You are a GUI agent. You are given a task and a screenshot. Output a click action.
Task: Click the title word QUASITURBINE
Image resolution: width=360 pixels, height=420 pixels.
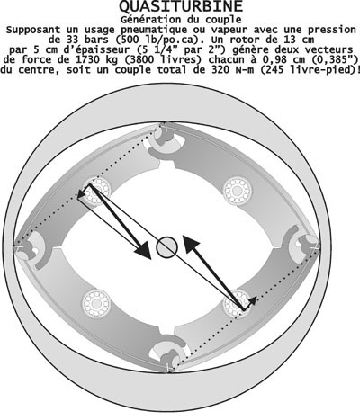click(x=181, y=6)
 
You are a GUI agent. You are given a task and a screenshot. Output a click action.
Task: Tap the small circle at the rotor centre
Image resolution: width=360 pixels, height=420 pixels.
click(x=167, y=247)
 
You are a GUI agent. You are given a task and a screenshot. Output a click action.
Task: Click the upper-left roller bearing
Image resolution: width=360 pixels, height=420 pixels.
click(x=96, y=191)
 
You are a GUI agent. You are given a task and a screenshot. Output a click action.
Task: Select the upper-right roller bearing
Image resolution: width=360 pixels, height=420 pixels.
click(x=238, y=191)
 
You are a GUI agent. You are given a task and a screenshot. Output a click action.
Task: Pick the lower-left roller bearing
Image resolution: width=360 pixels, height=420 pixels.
click(x=96, y=303)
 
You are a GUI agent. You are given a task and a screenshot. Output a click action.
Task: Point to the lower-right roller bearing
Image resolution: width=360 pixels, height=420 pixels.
click(x=238, y=303)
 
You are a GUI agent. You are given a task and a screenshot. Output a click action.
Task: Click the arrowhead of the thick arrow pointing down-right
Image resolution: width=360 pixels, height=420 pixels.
click(x=143, y=250)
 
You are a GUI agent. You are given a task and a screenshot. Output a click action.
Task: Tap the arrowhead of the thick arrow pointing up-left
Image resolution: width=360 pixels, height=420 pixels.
click(x=191, y=244)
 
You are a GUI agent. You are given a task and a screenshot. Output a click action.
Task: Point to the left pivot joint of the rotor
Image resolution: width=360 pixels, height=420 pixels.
click(x=30, y=247)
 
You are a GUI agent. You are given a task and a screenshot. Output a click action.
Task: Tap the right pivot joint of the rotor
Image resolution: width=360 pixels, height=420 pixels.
click(x=303, y=246)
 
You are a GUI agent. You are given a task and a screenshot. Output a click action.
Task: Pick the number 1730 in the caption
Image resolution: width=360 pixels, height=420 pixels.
click(x=86, y=59)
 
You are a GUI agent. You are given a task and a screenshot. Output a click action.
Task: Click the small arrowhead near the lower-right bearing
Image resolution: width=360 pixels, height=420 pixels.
click(x=253, y=300)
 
